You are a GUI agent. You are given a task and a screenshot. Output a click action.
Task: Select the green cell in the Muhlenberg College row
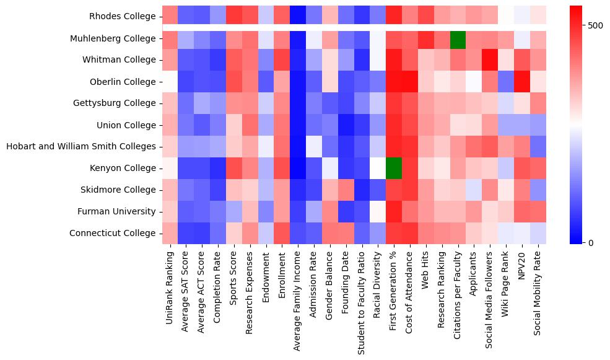(x=458, y=38)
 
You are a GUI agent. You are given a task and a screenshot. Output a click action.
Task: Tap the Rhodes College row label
(x=123, y=17)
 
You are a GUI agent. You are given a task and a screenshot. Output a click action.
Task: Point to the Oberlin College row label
(x=123, y=82)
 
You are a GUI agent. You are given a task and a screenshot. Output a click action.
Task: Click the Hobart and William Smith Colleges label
(x=81, y=147)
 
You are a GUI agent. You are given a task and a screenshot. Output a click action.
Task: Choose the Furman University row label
(x=116, y=211)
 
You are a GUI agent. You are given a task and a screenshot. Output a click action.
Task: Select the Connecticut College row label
(x=112, y=233)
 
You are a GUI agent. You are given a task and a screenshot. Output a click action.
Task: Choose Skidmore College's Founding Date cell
(x=346, y=190)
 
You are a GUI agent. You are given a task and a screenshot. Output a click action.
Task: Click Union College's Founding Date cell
(x=346, y=125)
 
